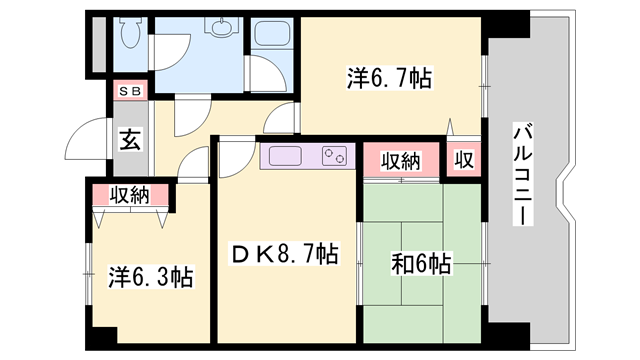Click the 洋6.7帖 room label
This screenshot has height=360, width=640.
pyautogui.click(x=390, y=77)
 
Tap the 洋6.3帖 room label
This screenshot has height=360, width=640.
pyautogui.click(x=151, y=276)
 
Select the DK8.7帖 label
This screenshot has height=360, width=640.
pyautogui.click(x=285, y=257)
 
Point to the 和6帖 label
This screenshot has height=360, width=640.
pyautogui.click(x=420, y=264)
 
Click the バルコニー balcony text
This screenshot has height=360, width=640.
pyautogui.click(x=521, y=171)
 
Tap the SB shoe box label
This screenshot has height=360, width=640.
pyautogui.click(x=131, y=91)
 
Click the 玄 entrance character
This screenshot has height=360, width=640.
pyautogui.click(x=131, y=139)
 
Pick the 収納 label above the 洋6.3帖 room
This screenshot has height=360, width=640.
pyautogui.click(x=130, y=195)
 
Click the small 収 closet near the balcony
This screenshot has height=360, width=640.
pyautogui.click(x=464, y=160)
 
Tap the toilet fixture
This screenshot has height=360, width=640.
pyautogui.click(x=130, y=35)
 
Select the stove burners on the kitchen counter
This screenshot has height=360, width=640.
pyautogui.click(x=333, y=156)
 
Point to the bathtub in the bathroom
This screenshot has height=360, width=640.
pyautogui.click(x=200, y=60)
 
